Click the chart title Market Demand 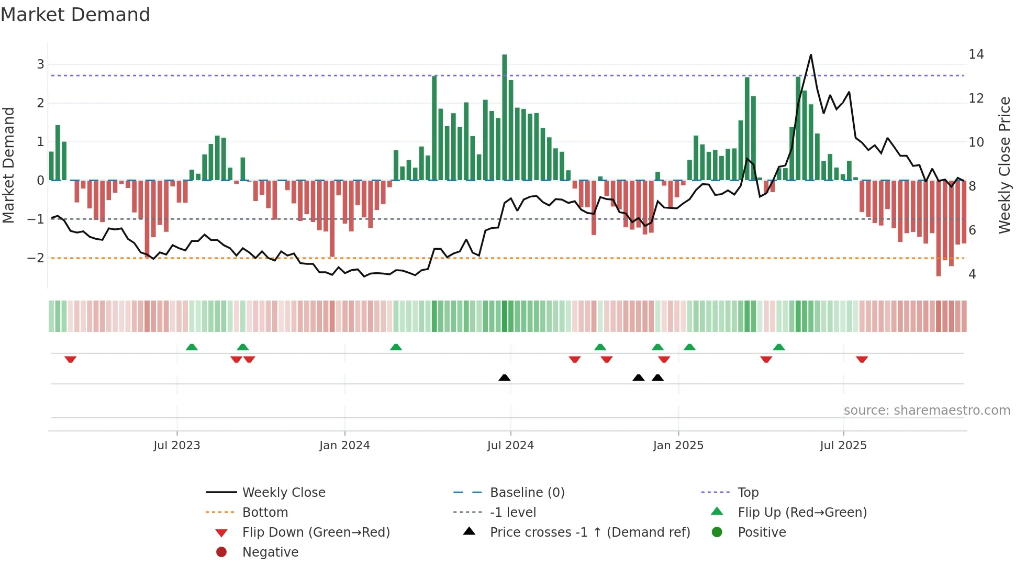(x=75, y=15)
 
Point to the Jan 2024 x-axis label (x=344, y=446)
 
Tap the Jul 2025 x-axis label (x=843, y=446)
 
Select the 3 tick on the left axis (x=40, y=64)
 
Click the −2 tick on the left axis (x=36, y=258)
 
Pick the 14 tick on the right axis (x=976, y=54)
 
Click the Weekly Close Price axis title (x=1004, y=165)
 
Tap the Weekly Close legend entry (x=284, y=493)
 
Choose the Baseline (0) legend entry (x=527, y=493)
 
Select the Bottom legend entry (x=265, y=513)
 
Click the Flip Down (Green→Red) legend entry (x=316, y=532)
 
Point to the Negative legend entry (x=270, y=552)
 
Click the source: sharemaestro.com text (x=927, y=410)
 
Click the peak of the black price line (x=811, y=55)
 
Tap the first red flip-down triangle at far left (x=70, y=359)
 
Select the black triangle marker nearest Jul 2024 (x=504, y=378)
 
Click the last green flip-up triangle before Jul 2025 (x=779, y=347)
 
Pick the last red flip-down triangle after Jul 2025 (x=862, y=359)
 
